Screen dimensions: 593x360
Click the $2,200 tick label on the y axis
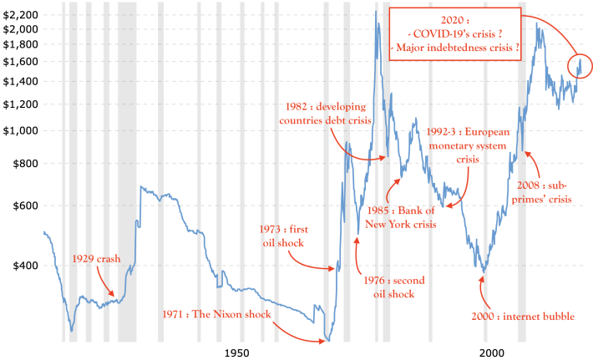pyautogui.click(x=20, y=15)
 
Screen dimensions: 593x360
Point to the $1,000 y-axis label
pyautogui.click(x=20, y=131)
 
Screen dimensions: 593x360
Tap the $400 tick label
pyautogui.click(x=26, y=266)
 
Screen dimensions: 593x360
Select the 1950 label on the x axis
pyautogui.click(x=236, y=352)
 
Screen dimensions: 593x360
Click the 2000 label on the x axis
pyautogui.click(x=492, y=352)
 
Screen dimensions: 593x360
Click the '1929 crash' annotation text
pyautogui.click(x=96, y=259)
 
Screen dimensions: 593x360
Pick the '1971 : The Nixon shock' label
pyautogui.click(x=216, y=314)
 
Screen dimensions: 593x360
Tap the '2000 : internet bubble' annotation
pyautogui.click(x=523, y=316)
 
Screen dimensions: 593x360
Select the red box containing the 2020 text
pyautogui.click(x=455, y=8)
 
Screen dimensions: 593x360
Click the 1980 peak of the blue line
pyautogui.click(x=376, y=12)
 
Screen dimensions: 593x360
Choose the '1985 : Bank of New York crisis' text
pyautogui.click(x=401, y=217)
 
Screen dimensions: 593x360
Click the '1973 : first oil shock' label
pyautogui.click(x=284, y=236)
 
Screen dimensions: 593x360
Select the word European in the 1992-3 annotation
pyautogui.click(x=487, y=132)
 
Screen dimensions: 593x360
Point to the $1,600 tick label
pyautogui.click(x=20, y=62)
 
